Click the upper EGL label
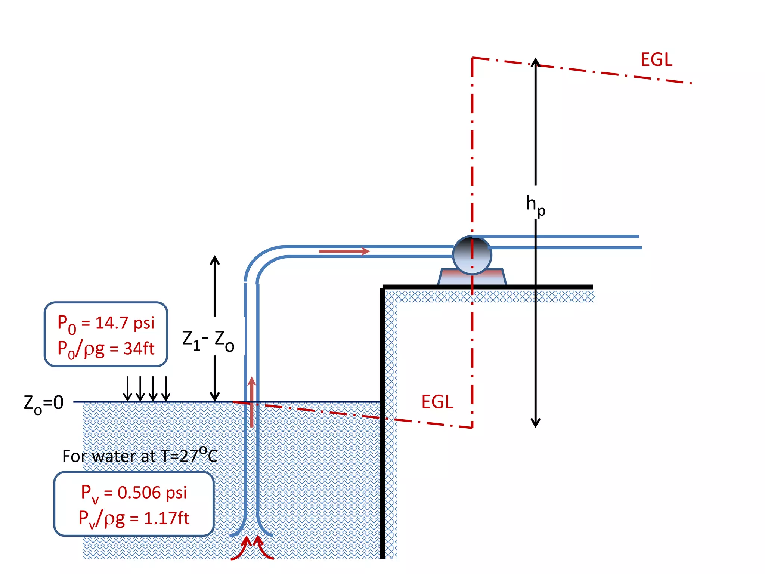656,60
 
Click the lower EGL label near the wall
437,402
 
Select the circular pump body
472,255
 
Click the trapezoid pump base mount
472,278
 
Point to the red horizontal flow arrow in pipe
344,251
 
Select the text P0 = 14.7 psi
106,323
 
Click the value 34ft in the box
139,349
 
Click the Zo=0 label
44,404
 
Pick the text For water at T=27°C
140,456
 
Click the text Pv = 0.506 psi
134,493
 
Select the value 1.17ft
167,518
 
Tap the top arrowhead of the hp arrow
536,62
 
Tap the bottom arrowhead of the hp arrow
536,423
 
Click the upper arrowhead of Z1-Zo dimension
214,260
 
